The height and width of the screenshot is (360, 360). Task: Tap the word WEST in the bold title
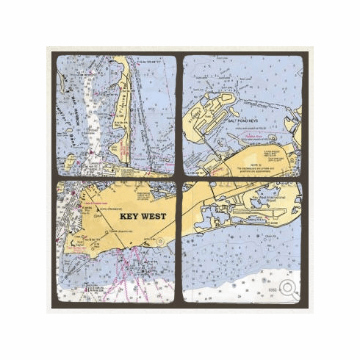pos(152,217)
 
